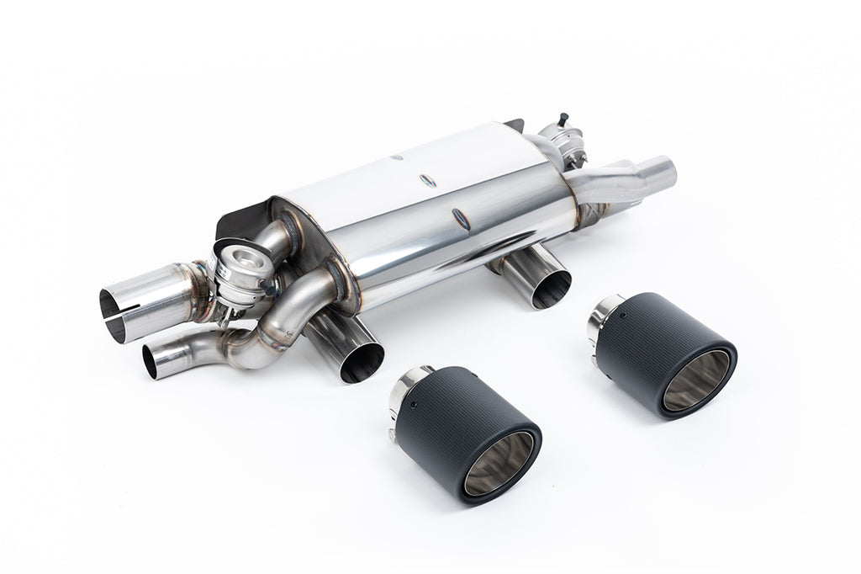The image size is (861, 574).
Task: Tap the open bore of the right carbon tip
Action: (x=696, y=380)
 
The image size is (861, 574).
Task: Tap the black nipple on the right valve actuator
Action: (x=562, y=117)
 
